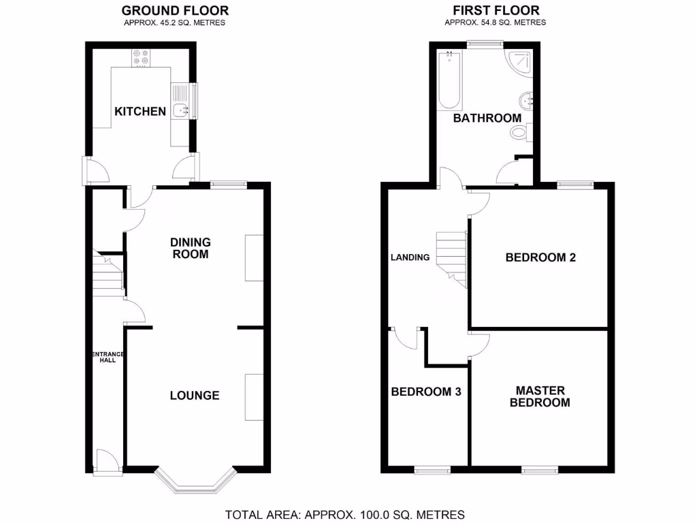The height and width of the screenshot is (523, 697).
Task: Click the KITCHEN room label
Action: [140, 111]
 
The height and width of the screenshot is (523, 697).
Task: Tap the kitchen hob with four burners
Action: [142, 58]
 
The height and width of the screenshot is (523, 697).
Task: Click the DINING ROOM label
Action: [191, 248]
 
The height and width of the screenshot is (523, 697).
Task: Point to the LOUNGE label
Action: [195, 395]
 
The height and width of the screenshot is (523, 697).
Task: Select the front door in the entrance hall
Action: [106, 463]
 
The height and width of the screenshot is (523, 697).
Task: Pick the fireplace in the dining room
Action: [253, 257]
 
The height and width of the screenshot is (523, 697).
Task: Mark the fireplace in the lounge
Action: [253, 397]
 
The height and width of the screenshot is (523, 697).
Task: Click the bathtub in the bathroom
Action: [450, 81]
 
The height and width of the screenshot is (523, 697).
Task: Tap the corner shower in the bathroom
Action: [521, 63]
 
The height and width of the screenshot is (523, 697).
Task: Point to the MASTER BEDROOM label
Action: [540, 396]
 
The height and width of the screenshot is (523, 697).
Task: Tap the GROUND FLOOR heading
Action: [174, 10]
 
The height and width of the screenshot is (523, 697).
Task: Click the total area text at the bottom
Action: [344, 514]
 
